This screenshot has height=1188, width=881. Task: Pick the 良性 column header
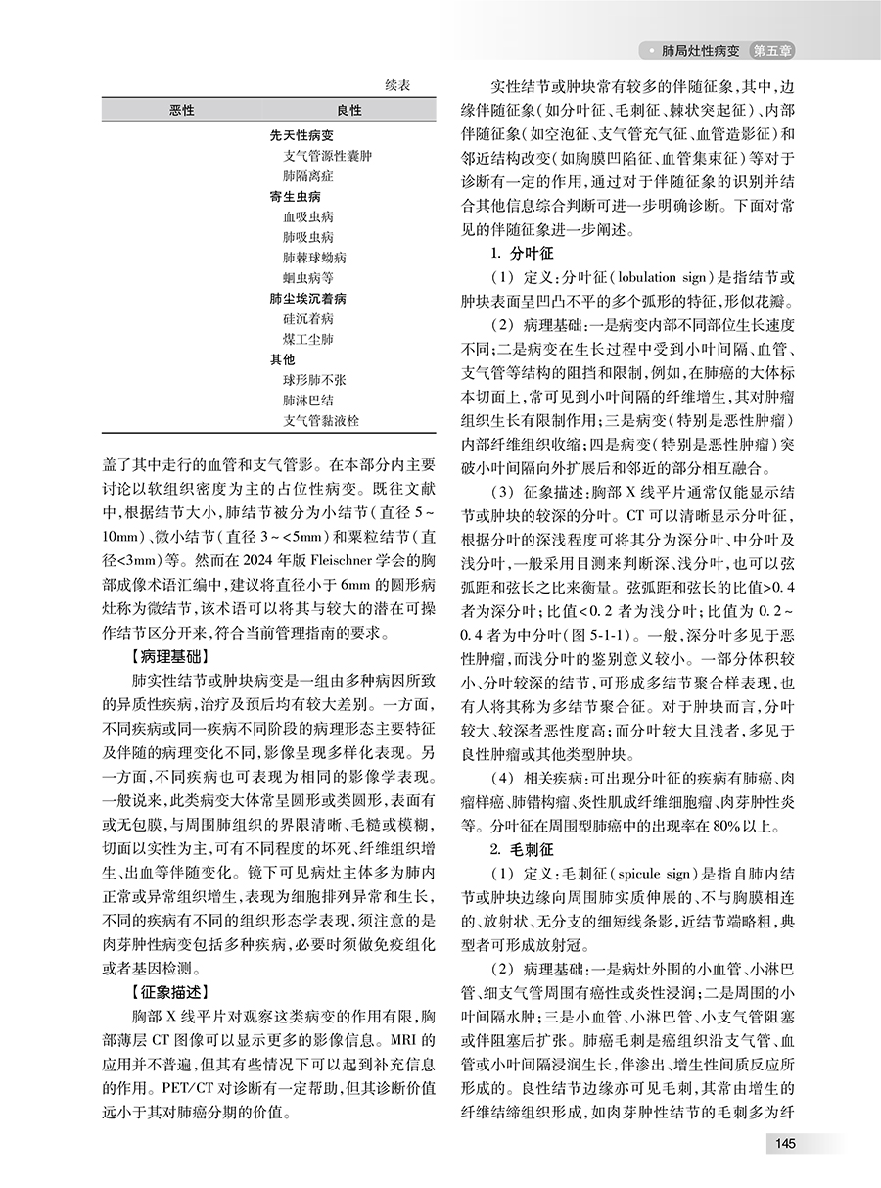click(349, 111)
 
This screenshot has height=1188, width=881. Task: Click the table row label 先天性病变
click(301, 136)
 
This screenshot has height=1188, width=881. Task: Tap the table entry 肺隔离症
click(306, 175)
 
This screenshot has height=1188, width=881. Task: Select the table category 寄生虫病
click(296, 196)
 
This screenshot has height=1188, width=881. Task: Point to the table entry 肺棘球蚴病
click(313, 258)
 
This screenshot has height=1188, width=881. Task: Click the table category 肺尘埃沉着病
click(308, 298)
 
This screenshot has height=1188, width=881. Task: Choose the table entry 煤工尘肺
click(306, 339)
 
